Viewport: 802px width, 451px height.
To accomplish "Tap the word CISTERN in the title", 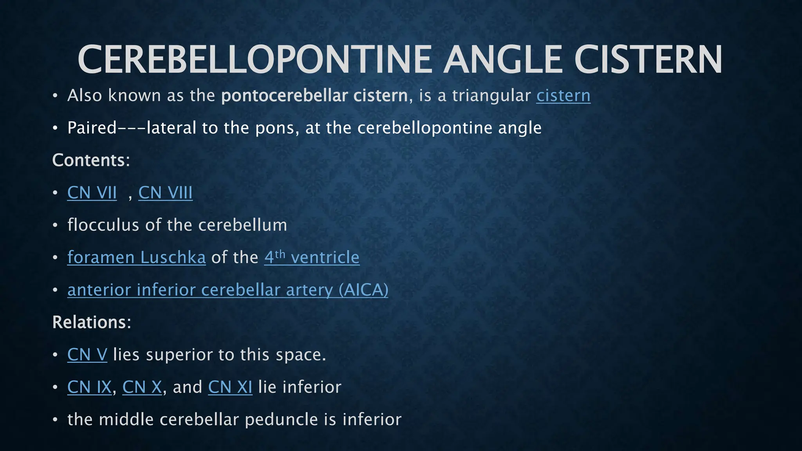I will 648,60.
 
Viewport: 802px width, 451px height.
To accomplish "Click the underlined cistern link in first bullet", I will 563,96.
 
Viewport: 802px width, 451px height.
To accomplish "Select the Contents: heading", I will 91,160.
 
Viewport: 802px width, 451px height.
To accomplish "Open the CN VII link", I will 92,193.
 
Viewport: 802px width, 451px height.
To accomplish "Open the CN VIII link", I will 165,193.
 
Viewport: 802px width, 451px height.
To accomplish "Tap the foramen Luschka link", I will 136,258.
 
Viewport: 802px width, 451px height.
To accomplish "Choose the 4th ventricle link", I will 312,258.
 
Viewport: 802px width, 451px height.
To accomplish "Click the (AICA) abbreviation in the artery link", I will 363,290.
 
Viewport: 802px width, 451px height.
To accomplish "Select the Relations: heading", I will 92,322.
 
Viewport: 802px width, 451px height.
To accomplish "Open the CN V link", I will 87,355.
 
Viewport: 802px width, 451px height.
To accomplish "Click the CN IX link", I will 89,387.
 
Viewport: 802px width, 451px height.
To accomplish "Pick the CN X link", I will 142,387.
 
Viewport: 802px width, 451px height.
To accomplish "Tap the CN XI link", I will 230,387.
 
